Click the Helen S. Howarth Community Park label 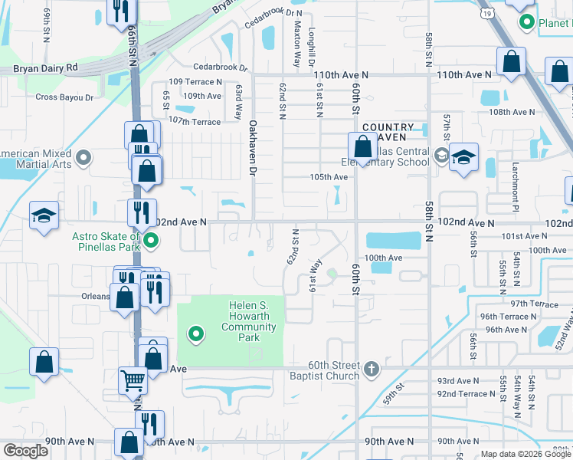click(249, 322)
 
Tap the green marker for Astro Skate click(152, 243)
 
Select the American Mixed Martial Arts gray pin click(84, 159)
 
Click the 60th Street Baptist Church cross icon click(372, 370)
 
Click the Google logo click(25, 451)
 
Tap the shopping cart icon click(133, 379)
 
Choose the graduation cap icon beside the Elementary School click(463, 157)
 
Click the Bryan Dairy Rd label click(46, 68)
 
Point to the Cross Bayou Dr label click(64, 97)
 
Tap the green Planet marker click(526, 23)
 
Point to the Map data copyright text click(526, 454)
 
